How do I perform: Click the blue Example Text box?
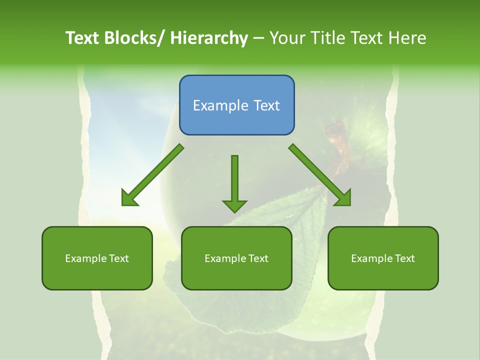(236, 105)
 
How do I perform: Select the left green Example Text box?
(97, 258)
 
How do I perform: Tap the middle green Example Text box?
(236, 258)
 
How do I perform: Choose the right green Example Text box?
(383, 258)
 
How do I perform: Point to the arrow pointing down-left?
(152, 175)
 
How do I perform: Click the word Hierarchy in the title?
(209, 38)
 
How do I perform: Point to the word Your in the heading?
(287, 38)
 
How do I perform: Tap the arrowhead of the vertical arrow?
(234, 205)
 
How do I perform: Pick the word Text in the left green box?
(119, 258)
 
